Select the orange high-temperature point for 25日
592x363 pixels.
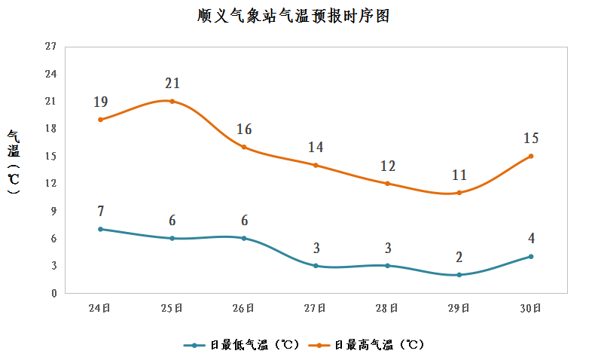[x=172, y=101]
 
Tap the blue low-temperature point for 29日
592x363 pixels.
[x=459, y=275]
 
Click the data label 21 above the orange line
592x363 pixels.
[x=172, y=84]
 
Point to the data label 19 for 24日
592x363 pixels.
[x=101, y=102]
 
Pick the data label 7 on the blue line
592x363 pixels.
[x=101, y=212]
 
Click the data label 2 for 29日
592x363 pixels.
[x=459, y=258]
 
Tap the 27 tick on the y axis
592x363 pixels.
[x=51, y=47]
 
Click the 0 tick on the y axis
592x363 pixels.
[x=53, y=294]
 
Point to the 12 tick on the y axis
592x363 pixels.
[x=51, y=184]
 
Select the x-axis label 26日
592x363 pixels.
[x=244, y=308]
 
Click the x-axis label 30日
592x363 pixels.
[x=530, y=308]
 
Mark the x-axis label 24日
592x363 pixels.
[x=101, y=308]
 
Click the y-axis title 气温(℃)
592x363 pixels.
[x=14, y=162]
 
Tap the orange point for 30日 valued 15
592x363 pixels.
[x=530, y=156]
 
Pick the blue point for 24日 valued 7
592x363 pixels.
[x=101, y=229]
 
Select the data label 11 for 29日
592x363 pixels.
[x=459, y=175]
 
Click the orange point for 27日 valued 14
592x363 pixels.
[x=316, y=165]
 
